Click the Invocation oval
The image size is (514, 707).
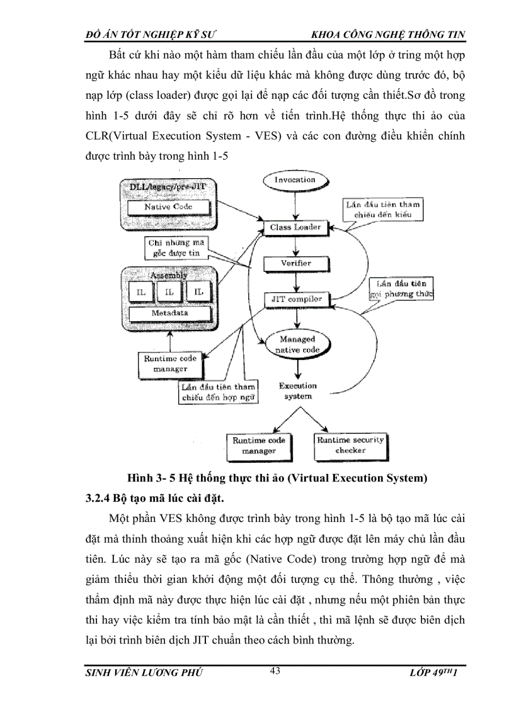295,179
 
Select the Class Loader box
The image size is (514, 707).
295,227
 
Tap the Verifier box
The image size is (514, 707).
295,263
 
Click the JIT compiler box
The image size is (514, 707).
296,299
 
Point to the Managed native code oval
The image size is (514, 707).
297,344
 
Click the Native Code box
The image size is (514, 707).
168,206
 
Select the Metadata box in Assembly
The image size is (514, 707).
168,313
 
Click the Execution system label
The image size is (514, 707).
297,391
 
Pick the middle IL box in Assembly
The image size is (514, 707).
168,291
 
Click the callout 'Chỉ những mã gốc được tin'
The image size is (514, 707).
171,247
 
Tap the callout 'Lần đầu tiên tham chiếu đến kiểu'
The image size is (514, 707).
383,210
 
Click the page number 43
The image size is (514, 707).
275,671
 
